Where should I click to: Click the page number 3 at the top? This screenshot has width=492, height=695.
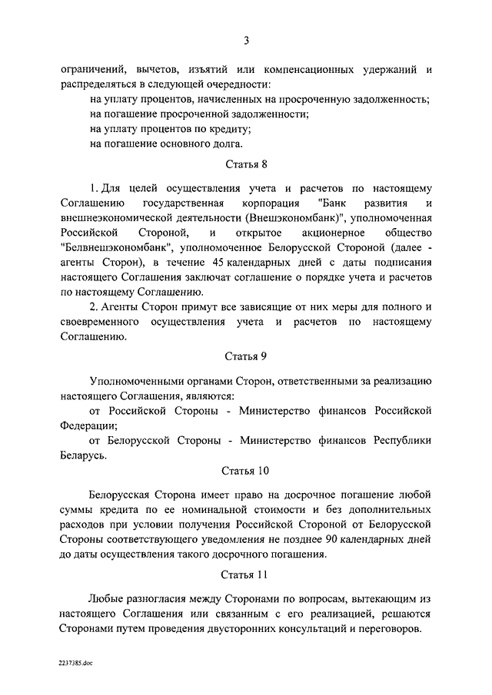pyautogui.click(x=246, y=41)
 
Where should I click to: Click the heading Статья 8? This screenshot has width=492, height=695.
pyautogui.click(x=246, y=164)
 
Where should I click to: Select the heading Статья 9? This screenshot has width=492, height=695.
pyautogui.click(x=246, y=357)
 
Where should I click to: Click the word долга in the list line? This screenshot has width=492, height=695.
pyautogui.click(x=224, y=143)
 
